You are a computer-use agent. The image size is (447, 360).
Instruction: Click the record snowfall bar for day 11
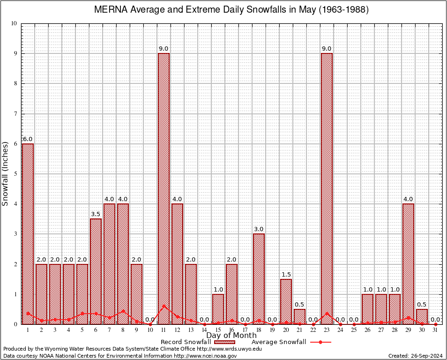pyautogui.click(x=164, y=187)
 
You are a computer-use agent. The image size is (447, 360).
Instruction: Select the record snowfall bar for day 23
pyautogui.click(x=327, y=187)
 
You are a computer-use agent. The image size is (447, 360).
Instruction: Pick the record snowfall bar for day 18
pyautogui.click(x=259, y=278)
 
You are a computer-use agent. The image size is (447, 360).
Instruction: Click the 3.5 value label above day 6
pyautogui.click(x=96, y=214)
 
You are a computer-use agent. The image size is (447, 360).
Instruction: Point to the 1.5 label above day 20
pyautogui.click(x=286, y=274)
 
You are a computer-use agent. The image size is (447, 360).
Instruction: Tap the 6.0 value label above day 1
pyautogui.click(x=28, y=139)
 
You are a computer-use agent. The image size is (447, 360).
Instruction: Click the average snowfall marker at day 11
pyautogui.click(x=164, y=306)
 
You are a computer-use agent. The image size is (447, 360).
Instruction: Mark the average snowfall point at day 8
pyautogui.click(x=123, y=311)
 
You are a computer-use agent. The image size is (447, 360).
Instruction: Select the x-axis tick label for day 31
pyautogui.click(x=435, y=330)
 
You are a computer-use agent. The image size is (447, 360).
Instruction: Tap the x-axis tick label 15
pyautogui.click(x=218, y=330)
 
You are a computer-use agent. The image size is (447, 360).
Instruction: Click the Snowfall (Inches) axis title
pyautogui.click(x=6, y=173)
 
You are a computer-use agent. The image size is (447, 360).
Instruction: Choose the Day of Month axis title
pyautogui.click(x=231, y=335)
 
